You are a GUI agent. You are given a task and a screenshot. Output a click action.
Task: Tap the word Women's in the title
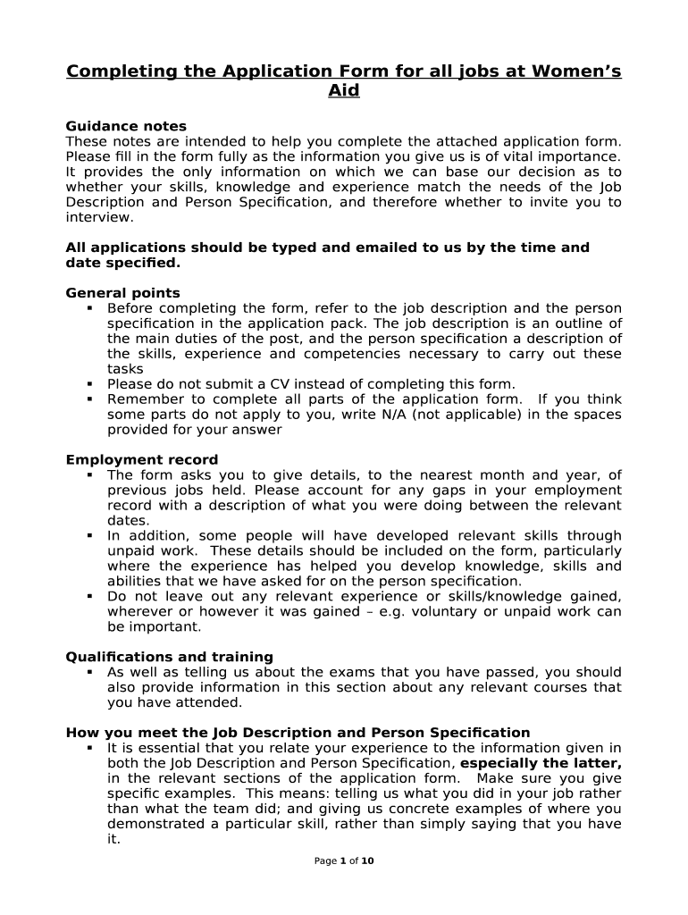click(x=572, y=71)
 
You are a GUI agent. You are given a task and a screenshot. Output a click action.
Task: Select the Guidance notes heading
click(x=126, y=126)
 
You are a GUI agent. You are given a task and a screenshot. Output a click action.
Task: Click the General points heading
click(x=122, y=293)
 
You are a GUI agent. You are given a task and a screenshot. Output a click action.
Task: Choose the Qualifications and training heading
click(x=170, y=657)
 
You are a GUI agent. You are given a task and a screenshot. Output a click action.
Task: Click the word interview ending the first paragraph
click(x=98, y=217)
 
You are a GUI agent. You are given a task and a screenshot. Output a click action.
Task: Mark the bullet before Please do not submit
click(x=90, y=383)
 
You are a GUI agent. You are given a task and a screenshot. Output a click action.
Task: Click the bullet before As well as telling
click(x=90, y=671)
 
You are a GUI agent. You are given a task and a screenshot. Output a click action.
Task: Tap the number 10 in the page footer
click(x=367, y=861)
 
